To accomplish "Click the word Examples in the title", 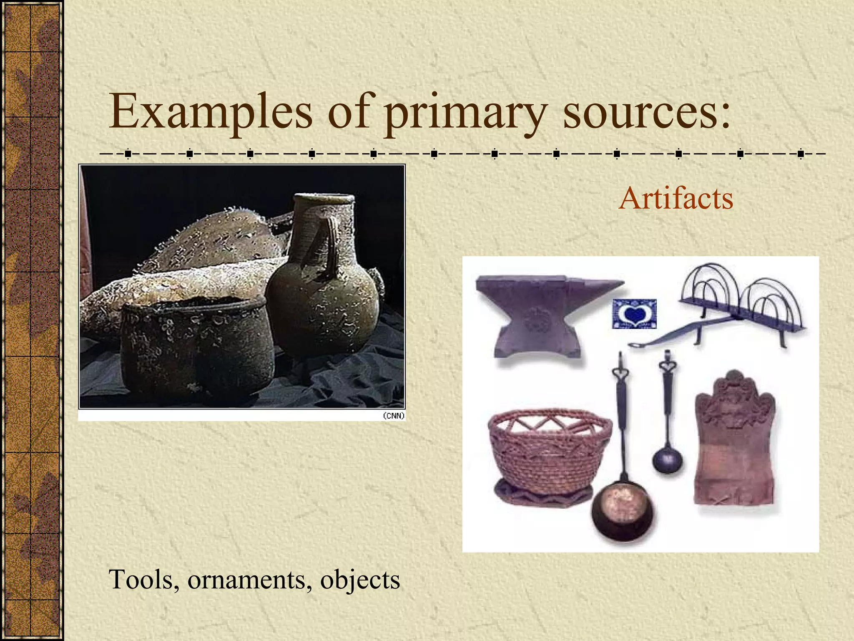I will pyautogui.click(x=211, y=112).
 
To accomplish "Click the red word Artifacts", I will pyautogui.click(x=676, y=198).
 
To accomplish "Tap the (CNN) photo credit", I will pyautogui.click(x=393, y=416).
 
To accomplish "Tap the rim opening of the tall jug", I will pyautogui.click(x=324, y=199).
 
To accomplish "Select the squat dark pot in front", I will pyautogui.click(x=196, y=346).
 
